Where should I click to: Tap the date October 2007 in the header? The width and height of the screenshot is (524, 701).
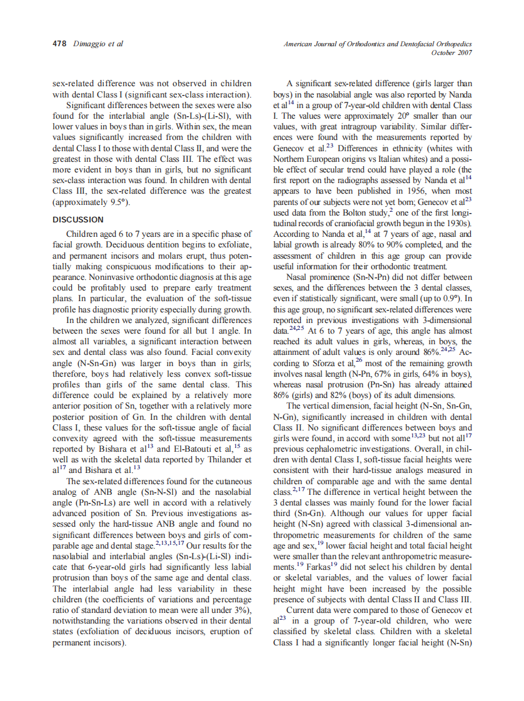pos(451,52)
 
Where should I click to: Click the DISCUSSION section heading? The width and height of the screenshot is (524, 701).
pos(78,220)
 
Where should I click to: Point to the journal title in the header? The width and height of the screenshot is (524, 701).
pos(378,44)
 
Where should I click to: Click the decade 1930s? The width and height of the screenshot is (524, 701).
pos(458,223)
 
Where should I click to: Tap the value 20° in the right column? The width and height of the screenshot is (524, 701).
pos(392,116)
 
